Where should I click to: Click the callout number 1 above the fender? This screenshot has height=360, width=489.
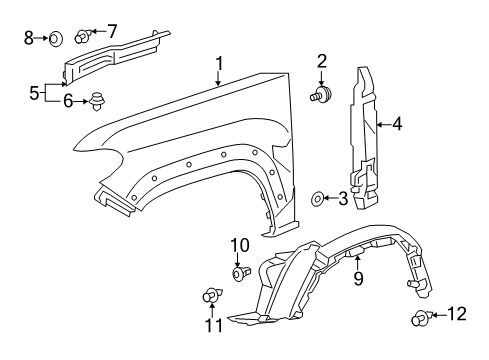pyautogui.click(x=218, y=65)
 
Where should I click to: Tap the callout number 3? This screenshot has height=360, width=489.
pyautogui.click(x=343, y=200)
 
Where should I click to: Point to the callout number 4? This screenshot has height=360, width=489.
pyautogui.click(x=397, y=125)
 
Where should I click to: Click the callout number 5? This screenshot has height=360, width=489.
pyautogui.click(x=34, y=93)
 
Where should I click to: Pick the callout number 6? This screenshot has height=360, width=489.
pyautogui.click(x=68, y=100)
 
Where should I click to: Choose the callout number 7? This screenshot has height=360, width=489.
pyautogui.click(x=111, y=30)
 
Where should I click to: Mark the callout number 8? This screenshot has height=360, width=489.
pyautogui.click(x=29, y=39)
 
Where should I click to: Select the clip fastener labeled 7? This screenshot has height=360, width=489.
pyautogui.click(x=84, y=38)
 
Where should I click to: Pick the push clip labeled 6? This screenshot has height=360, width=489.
pyautogui.click(x=98, y=101)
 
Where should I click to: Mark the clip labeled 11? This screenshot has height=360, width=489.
pyautogui.click(x=211, y=296)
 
